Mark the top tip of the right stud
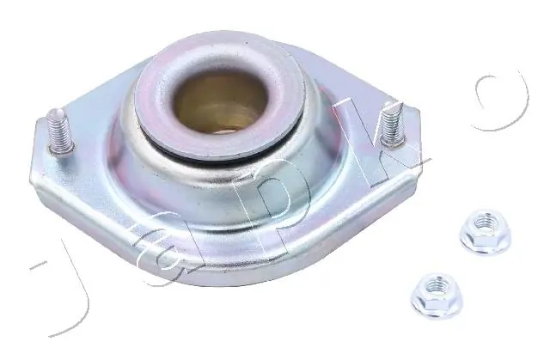391,105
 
